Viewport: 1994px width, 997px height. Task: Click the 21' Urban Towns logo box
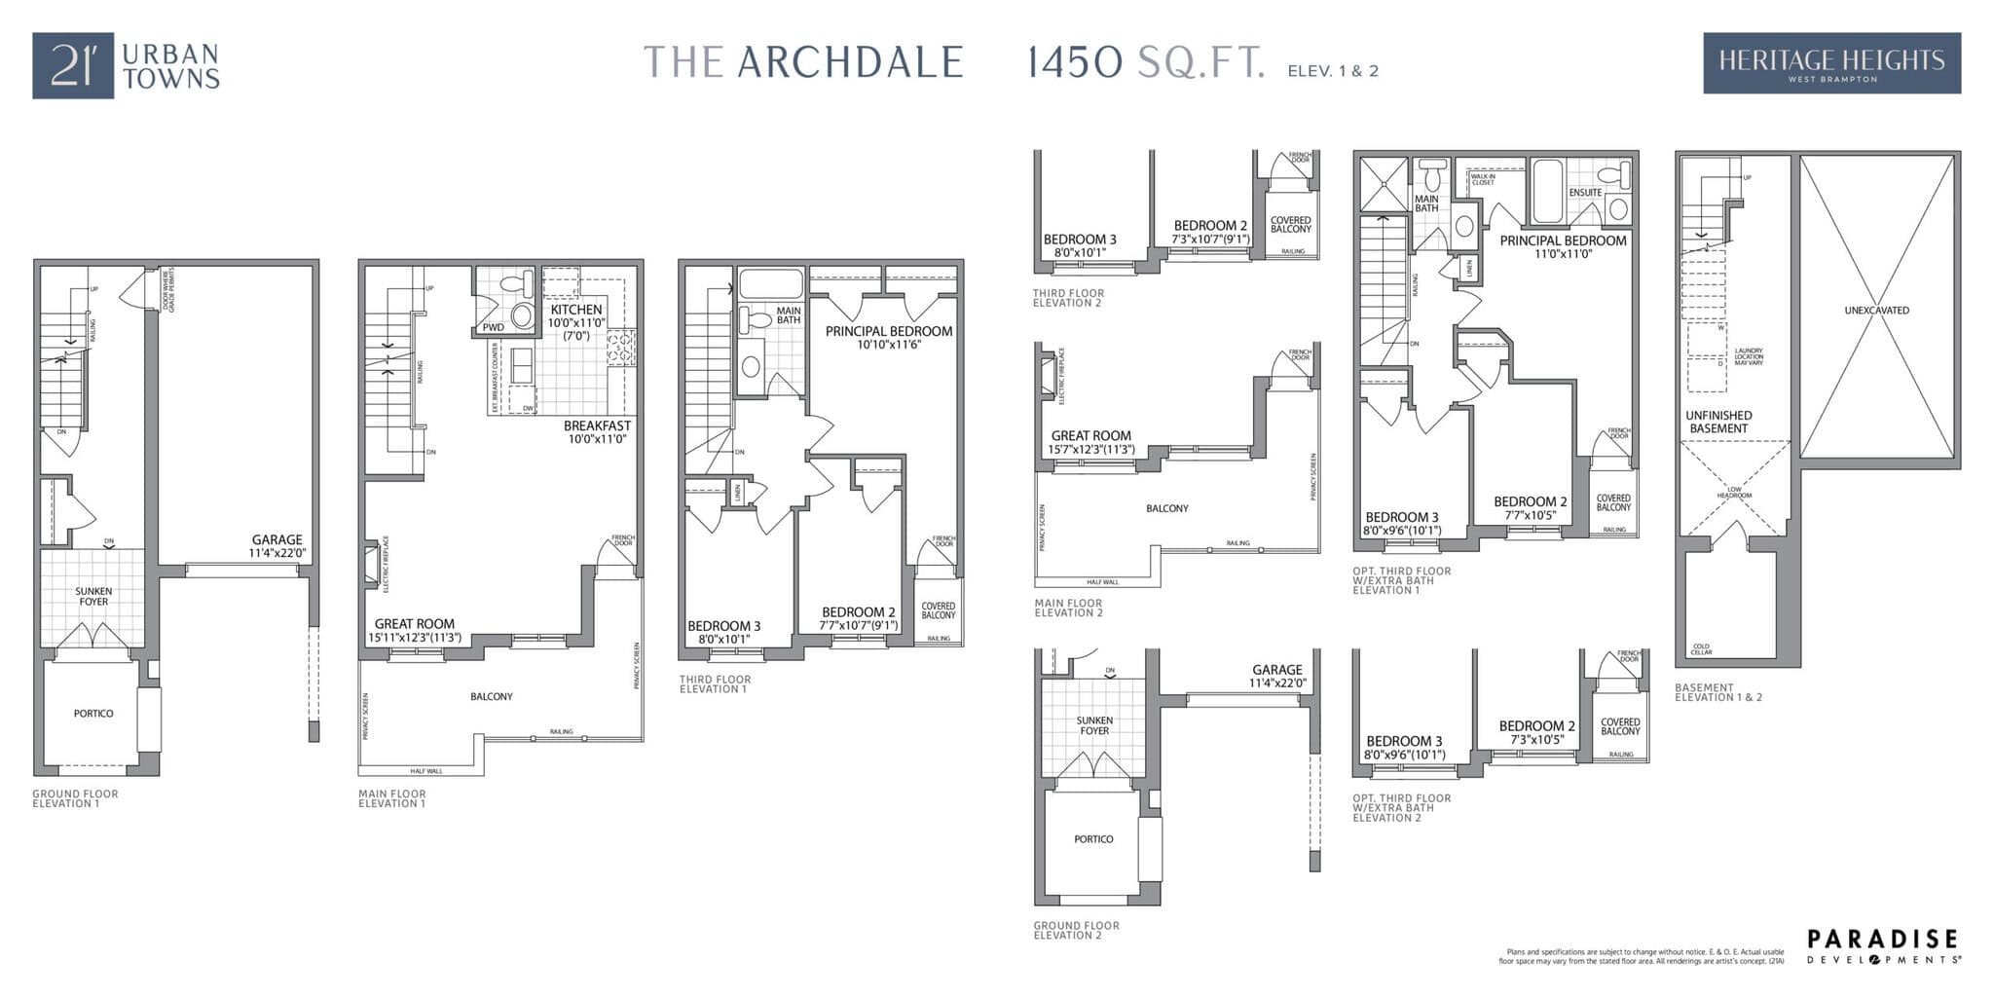click(72, 65)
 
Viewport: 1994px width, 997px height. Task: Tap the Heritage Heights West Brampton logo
click(1831, 63)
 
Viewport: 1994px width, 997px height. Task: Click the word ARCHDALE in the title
click(850, 62)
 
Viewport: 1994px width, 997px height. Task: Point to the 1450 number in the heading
click(1075, 63)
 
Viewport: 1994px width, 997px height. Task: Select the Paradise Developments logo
click(1883, 945)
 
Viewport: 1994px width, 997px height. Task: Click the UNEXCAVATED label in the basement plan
click(1876, 311)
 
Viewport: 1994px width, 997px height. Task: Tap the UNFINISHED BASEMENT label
click(1718, 422)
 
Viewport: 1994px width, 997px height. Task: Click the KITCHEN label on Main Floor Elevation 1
click(575, 310)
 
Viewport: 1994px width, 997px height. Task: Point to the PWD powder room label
click(494, 327)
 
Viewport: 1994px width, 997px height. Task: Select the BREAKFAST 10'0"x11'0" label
click(597, 432)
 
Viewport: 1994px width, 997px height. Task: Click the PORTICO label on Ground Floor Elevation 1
click(93, 714)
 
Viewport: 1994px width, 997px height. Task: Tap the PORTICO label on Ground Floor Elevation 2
click(1093, 839)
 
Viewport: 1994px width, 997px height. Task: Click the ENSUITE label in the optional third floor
click(1585, 193)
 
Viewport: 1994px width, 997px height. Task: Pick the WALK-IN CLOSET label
click(1483, 179)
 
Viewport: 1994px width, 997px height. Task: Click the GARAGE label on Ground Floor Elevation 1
click(277, 545)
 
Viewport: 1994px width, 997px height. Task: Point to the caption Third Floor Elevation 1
click(715, 684)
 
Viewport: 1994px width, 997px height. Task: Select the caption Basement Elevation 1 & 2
click(1718, 692)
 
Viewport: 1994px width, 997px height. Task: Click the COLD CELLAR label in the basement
click(1701, 648)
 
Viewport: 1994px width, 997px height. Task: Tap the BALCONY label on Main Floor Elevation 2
click(1166, 508)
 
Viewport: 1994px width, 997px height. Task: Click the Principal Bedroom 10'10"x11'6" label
click(889, 337)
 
